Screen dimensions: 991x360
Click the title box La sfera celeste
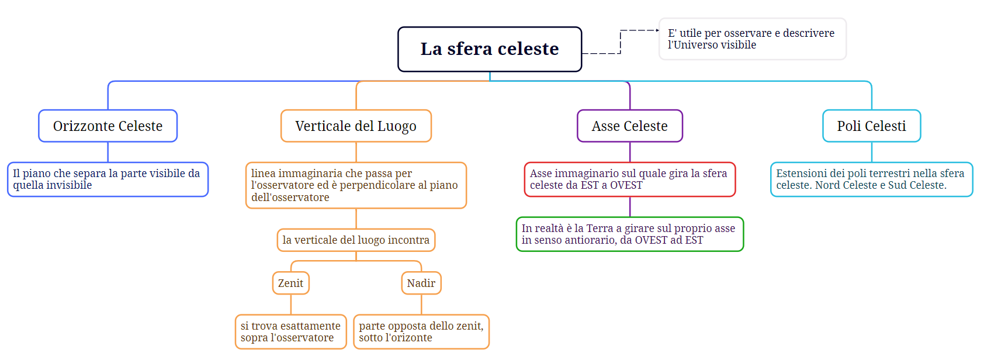click(x=490, y=49)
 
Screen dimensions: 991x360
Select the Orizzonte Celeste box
click(x=108, y=126)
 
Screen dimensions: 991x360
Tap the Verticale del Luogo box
click(x=356, y=126)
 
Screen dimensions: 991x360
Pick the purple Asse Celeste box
click(x=630, y=126)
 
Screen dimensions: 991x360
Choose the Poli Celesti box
click(x=872, y=126)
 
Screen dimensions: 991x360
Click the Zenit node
click(x=290, y=283)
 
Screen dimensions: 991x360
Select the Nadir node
click(x=421, y=283)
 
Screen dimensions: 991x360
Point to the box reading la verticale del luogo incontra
click(x=356, y=240)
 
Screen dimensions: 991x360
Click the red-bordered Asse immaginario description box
click(x=630, y=179)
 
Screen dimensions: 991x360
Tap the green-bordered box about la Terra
click(x=630, y=234)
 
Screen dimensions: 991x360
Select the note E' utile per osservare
click(x=753, y=39)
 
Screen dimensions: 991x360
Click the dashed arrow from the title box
click(x=621, y=42)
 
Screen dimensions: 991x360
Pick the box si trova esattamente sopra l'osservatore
click(x=290, y=332)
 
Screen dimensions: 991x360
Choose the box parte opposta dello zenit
click(x=421, y=332)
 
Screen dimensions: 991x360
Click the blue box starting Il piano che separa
click(x=108, y=179)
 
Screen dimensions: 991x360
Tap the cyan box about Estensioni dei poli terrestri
click(x=872, y=179)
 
